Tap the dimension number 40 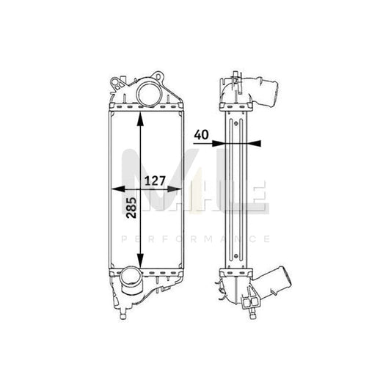(x=201, y=136)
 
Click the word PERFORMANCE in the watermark (x=195, y=238)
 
